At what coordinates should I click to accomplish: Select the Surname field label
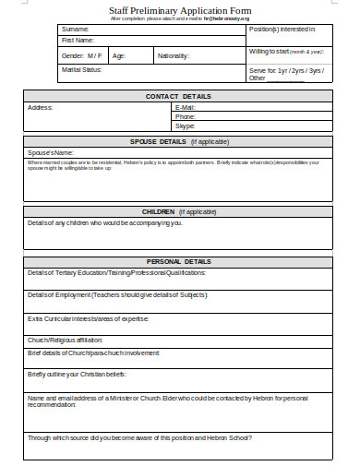pos(76,30)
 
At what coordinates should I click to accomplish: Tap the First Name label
pos(78,41)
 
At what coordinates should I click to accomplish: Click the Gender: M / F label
pos(81,56)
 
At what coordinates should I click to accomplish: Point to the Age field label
pos(119,56)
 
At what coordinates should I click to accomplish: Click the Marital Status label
pos(80,70)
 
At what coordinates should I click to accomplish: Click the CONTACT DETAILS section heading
pos(178,96)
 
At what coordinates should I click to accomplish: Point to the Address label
pos(41,107)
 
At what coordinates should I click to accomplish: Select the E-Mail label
pos(186,108)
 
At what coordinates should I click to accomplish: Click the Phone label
pos(186,117)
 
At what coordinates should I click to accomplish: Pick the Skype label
pos(186,125)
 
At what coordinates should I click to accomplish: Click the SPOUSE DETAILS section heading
pos(178,142)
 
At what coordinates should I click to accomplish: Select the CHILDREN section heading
pos(178,211)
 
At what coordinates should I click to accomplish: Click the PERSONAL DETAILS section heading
pos(178,261)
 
